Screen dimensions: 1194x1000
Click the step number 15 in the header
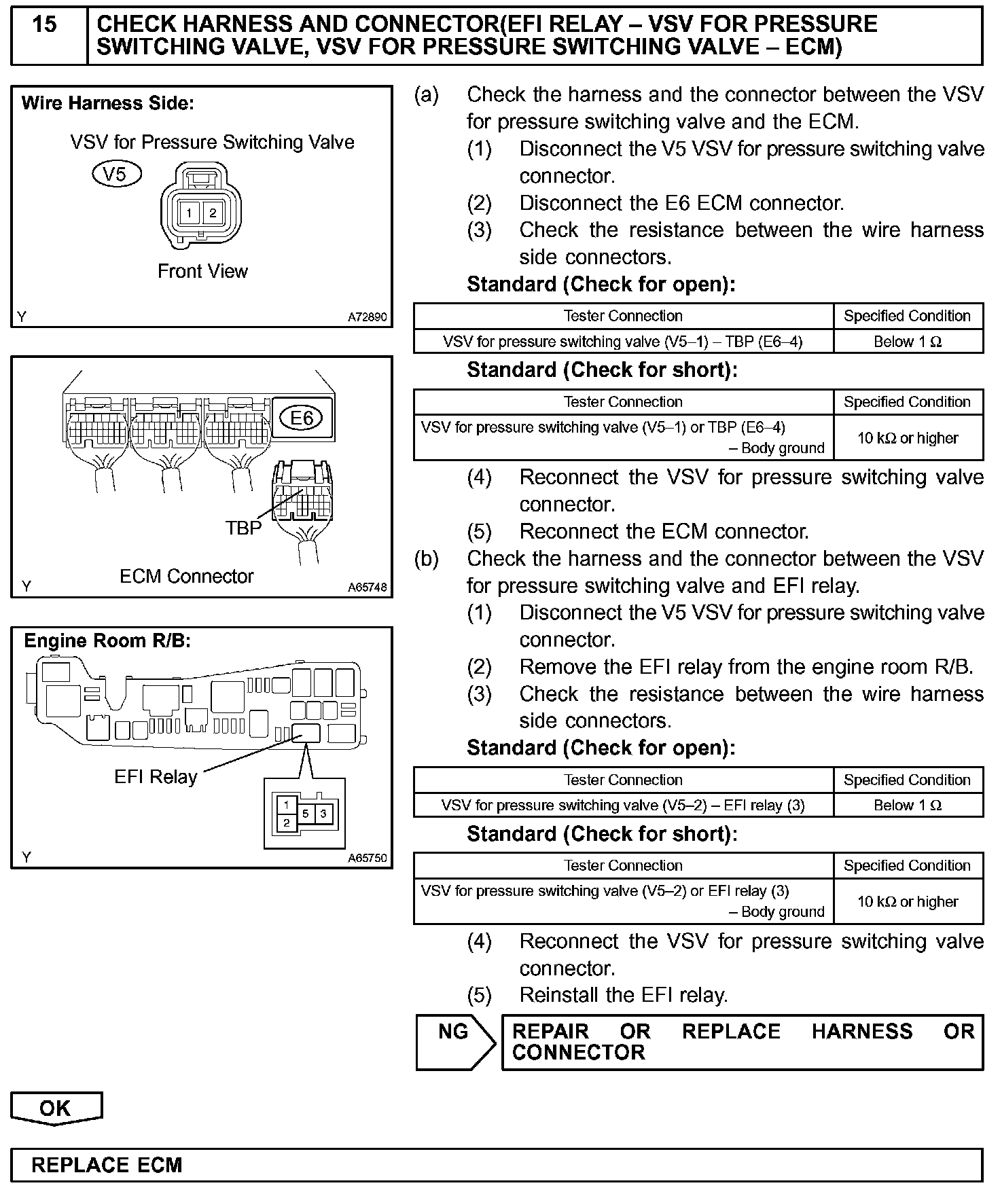(x=45, y=25)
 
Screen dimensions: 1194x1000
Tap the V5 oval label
(x=116, y=174)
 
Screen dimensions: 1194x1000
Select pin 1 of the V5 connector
(x=189, y=213)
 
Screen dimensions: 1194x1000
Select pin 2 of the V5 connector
(x=212, y=213)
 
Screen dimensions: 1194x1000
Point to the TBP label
(x=243, y=528)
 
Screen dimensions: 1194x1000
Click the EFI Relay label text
(x=156, y=776)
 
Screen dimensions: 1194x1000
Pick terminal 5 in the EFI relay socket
(x=306, y=813)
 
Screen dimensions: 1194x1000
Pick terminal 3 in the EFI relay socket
(x=324, y=813)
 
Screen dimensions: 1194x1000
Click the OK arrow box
(x=56, y=1108)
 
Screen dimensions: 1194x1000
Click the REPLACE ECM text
(x=107, y=1165)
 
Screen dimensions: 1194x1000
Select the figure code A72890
(x=367, y=316)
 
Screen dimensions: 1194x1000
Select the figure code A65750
(x=367, y=858)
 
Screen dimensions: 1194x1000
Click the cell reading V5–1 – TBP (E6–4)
(x=622, y=342)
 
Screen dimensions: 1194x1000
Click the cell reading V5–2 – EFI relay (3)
(x=622, y=806)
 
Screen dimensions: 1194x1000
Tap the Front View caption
(x=202, y=271)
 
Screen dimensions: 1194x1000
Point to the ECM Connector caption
(x=186, y=576)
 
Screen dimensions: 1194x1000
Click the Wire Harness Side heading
(x=108, y=103)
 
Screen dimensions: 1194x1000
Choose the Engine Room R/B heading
(x=107, y=640)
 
